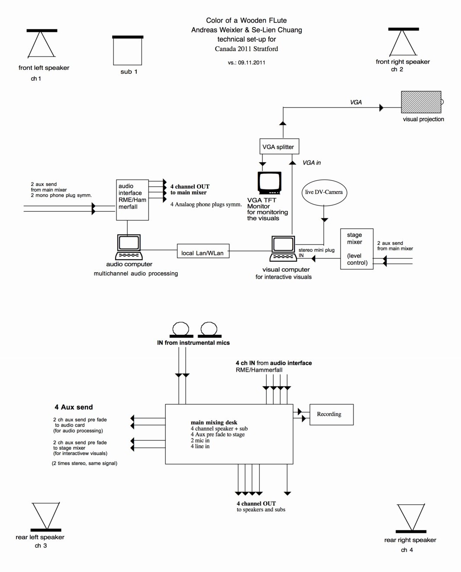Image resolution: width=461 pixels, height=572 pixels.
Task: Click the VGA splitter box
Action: pos(279,147)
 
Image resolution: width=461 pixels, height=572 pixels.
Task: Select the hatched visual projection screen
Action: pos(421,102)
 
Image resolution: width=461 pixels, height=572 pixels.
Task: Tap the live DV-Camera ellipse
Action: pos(324,192)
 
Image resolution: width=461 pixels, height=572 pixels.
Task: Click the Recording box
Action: pos(332,415)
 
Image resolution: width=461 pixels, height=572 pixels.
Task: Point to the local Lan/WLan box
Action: pos(203,251)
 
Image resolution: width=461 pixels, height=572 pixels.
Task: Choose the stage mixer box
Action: pos(357,249)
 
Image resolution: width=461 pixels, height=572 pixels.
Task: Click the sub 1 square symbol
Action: pos(127,50)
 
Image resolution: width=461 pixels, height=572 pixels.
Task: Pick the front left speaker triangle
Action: pos(41,44)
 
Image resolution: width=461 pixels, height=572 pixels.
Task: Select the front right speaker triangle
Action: pos(403,43)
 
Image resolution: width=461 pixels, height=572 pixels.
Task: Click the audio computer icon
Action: pos(129,247)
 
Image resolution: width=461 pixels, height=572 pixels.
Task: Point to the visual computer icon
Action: pos(283,249)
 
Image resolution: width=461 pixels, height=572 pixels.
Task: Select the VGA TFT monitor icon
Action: pos(269,183)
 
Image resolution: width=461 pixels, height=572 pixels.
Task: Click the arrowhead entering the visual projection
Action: pos(381,108)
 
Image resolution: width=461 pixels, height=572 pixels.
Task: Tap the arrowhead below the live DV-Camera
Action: pos(324,220)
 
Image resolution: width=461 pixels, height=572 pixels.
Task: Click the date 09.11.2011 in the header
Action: pos(251,63)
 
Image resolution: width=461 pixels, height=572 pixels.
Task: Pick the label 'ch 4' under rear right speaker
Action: pos(407,550)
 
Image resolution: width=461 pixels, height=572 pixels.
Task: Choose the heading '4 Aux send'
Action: pos(74,407)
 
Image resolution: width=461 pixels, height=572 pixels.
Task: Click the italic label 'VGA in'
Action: pos(312,163)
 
